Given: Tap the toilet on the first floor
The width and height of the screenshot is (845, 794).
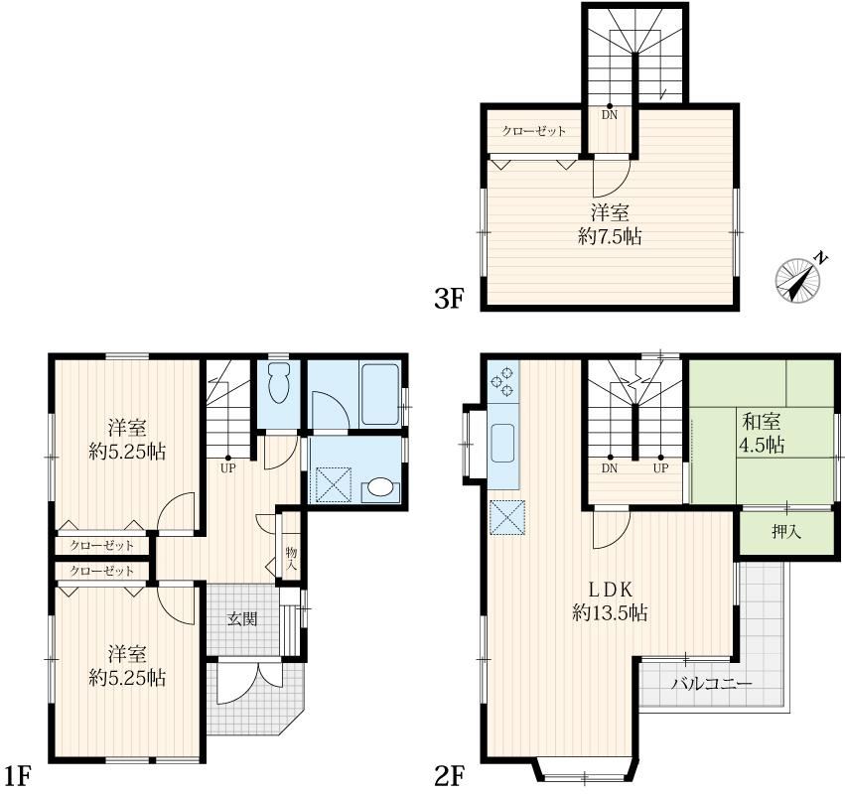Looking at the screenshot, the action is [278, 383].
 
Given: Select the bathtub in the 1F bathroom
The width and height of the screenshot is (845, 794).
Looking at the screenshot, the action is [380, 395].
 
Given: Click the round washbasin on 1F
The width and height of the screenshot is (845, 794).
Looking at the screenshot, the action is [379, 487].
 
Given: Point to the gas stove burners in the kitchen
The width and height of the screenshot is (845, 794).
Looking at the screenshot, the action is [502, 381].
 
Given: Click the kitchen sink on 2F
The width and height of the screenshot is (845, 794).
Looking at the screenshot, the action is [502, 443].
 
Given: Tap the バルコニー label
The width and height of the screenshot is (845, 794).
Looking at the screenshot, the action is [711, 684].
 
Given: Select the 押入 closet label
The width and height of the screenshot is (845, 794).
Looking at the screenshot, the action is [786, 532].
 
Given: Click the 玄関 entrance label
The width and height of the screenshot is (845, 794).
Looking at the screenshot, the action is [242, 619].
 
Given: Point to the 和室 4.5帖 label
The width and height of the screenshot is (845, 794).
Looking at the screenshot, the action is [763, 433].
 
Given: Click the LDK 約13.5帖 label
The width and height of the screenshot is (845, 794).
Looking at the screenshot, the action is [610, 601].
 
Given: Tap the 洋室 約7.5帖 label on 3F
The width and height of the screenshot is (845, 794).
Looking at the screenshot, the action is [610, 224].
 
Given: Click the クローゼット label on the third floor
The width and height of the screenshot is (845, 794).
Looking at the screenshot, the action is [534, 131].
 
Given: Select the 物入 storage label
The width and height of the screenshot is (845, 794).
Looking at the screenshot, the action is [292, 559].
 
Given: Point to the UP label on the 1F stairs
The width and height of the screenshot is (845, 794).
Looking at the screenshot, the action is [228, 468].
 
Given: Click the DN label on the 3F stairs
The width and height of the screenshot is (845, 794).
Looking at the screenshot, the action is [610, 115].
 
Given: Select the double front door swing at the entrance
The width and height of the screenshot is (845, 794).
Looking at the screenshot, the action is [250, 682].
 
